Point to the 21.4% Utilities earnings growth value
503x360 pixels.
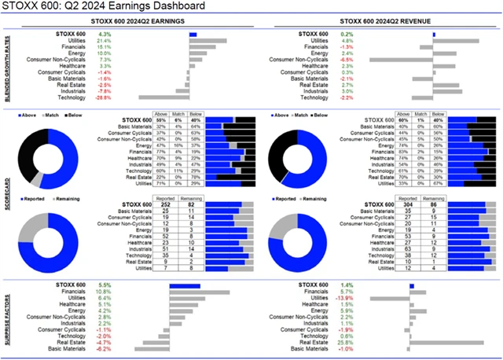tap(104, 41)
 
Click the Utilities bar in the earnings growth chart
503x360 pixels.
tap(207, 41)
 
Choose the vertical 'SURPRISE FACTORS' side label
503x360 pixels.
tap(9, 314)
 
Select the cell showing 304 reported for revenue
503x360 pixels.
tap(402, 205)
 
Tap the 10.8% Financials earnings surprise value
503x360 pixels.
tap(104, 292)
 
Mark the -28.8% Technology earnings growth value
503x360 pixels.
tap(104, 97)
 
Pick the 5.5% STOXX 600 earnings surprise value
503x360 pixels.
tap(104, 285)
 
